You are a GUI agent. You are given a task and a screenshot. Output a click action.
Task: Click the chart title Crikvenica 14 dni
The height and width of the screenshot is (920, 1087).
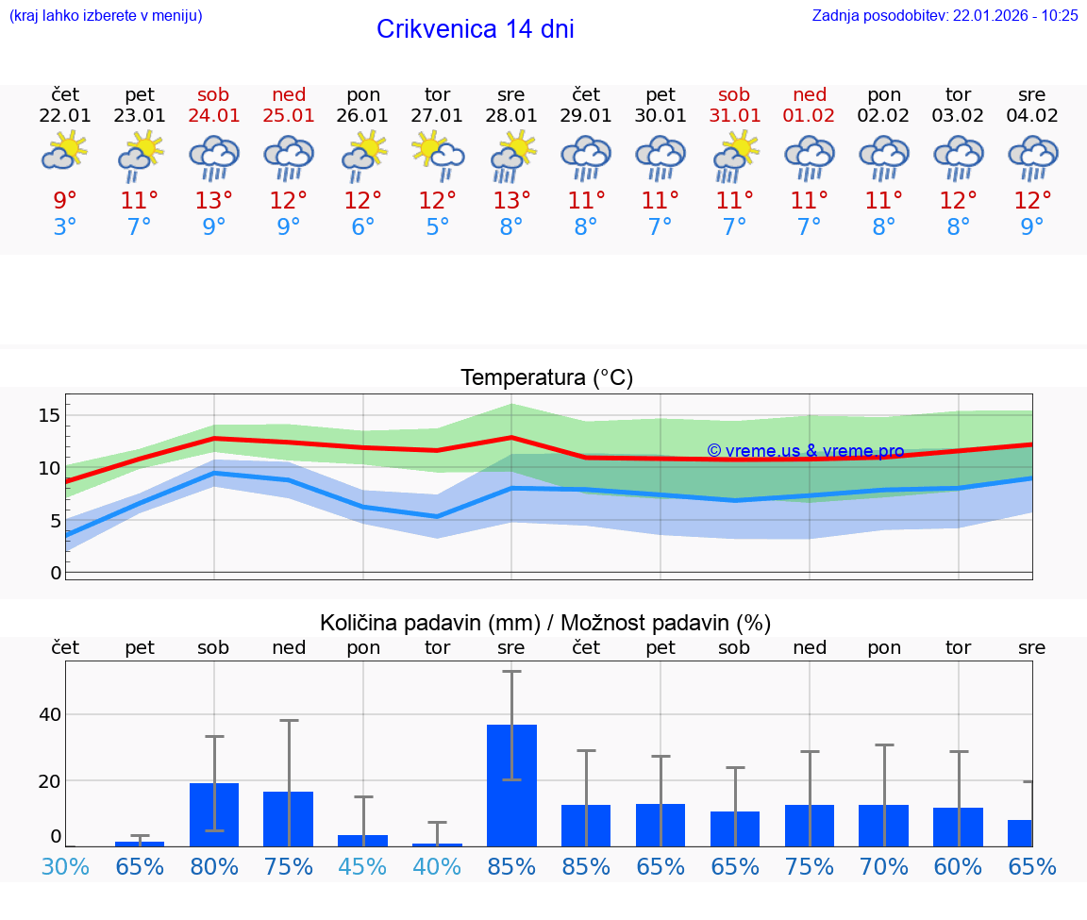(x=475, y=29)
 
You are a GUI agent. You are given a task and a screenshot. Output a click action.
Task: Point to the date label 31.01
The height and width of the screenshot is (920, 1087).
(x=734, y=116)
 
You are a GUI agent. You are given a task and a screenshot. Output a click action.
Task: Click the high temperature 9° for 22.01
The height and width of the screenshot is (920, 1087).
(x=65, y=201)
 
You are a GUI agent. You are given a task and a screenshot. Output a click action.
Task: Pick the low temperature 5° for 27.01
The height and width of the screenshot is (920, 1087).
(x=437, y=227)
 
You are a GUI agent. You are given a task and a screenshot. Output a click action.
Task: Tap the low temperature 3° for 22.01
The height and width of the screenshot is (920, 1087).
(x=65, y=227)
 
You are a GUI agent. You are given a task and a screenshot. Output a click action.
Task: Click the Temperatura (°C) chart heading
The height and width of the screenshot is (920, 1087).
(x=546, y=378)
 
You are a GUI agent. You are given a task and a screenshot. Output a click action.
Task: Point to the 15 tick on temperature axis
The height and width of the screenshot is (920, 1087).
(x=49, y=415)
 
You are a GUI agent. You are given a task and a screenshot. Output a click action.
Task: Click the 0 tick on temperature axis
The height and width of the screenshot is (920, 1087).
(x=56, y=573)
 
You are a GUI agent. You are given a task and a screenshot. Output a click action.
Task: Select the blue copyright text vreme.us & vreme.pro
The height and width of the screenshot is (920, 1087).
(x=805, y=451)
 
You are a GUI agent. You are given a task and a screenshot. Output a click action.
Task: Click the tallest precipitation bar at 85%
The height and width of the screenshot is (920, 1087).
(x=511, y=785)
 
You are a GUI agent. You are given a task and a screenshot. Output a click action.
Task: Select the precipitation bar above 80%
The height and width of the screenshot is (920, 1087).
(x=214, y=814)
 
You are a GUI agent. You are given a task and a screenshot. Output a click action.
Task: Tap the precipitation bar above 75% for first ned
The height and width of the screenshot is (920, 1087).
(x=289, y=818)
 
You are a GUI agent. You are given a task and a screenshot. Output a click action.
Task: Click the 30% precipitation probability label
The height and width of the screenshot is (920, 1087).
(x=65, y=866)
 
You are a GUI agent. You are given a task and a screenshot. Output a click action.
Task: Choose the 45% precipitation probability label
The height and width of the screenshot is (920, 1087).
(x=362, y=866)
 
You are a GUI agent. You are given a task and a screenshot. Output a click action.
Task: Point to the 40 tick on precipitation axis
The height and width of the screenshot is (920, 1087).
(x=49, y=714)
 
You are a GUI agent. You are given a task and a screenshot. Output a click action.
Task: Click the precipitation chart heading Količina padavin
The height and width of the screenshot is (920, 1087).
(x=544, y=623)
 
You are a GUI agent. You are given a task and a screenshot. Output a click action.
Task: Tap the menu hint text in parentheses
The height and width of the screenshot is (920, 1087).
(x=106, y=15)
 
